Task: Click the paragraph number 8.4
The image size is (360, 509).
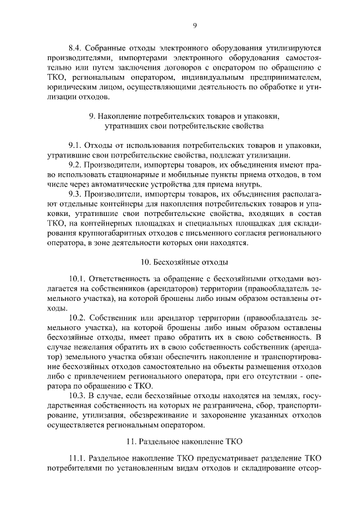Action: [x=75, y=47]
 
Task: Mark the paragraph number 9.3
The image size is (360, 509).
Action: [x=75, y=195]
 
